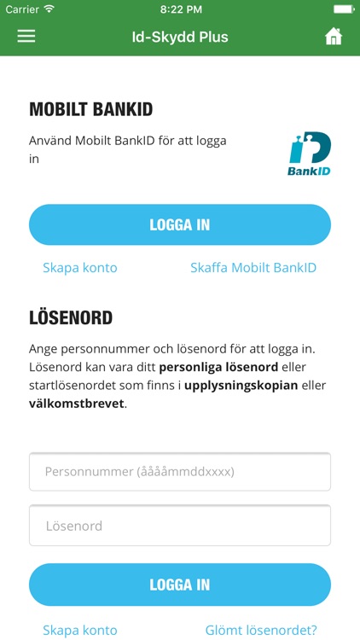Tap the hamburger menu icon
coord(26,37)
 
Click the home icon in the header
coord(334,37)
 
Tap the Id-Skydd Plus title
coord(180,37)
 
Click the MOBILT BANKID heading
coord(90,109)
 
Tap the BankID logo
coord(310,154)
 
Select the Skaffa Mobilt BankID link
coord(253,268)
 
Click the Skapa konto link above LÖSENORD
coord(80,268)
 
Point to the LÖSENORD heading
coord(71,318)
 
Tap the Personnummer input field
coord(180,471)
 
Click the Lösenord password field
coord(180,526)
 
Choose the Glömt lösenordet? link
coord(261,631)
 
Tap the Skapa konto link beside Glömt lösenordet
coord(80,631)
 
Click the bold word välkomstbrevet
coord(77,403)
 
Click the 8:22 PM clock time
coord(180,9)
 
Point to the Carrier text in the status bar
coord(23,9)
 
